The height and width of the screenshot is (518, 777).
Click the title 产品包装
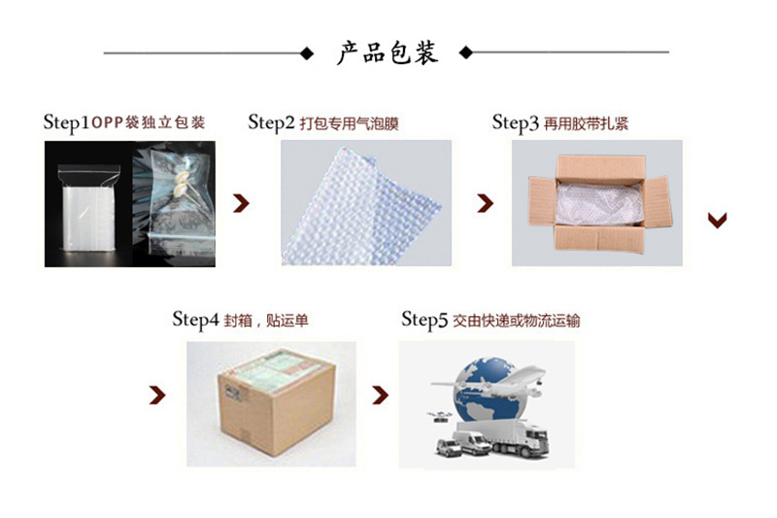pyautogui.click(x=388, y=52)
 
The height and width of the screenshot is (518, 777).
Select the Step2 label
pyautogui.click(x=271, y=122)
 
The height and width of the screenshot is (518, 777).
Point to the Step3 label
pyautogui.click(x=515, y=122)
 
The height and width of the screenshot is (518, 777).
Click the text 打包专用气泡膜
pyautogui.click(x=350, y=123)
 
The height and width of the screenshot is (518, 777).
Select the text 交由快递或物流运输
pyautogui.click(x=517, y=321)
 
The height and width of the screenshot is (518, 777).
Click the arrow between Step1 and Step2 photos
pyautogui.click(x=242, y=203)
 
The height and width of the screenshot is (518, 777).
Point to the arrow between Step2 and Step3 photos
pyautogui.click(x=485, y=203)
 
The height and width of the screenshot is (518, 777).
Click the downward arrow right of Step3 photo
pyautogui.click(x=718, y=220)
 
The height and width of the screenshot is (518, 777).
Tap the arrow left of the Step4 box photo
pyautogui.click(x=156, y=395)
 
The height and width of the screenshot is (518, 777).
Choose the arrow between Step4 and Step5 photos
pyautogui.click(x=383, y=395)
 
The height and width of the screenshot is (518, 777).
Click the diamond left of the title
pyautogui.click(x=308, y=52)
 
